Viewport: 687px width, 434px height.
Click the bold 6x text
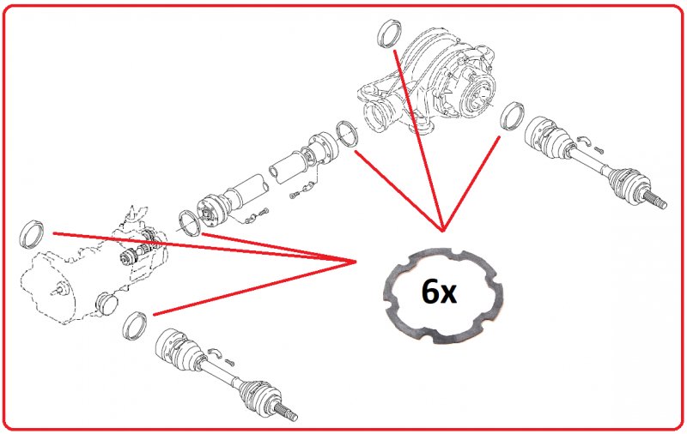(x=439, y=292)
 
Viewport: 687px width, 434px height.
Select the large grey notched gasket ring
(x=443, y=296)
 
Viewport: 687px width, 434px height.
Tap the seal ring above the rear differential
(x=389, y=34)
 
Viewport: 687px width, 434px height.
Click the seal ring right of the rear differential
(x=512, y=116)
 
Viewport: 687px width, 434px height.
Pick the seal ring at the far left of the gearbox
(x=32, y=234)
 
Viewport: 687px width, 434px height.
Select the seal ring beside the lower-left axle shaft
(x=135, y=326)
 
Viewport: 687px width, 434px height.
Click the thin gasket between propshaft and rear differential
(x=347, y=134)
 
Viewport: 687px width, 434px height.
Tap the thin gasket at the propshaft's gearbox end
(x=189, y=223)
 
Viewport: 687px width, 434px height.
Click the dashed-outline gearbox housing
(x=94, y=267)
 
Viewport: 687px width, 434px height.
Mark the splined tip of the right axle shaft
(x=656, y=201)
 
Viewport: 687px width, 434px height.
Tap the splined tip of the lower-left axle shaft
(x=287, y=412)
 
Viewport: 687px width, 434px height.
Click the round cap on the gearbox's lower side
(x=106, y=303)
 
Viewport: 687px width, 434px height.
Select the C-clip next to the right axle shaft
(x=583, y=140)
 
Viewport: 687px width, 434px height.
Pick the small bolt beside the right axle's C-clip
(x=599, y=149)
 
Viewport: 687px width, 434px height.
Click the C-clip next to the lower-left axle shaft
(x=215, y=352)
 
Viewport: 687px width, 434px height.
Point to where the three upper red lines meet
(x=443, y=230)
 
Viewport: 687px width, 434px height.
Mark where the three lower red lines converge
(x=355, y=262)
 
